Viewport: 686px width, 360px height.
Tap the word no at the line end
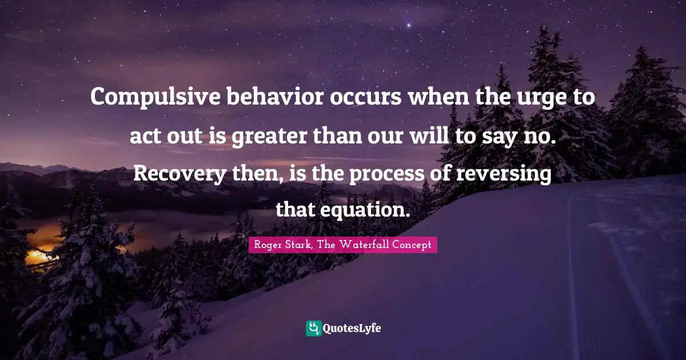540,137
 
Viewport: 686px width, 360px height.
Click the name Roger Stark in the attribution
277,246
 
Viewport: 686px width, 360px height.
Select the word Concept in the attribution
411,246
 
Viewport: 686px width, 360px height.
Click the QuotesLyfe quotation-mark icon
313,328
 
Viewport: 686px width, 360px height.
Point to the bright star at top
408,26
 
